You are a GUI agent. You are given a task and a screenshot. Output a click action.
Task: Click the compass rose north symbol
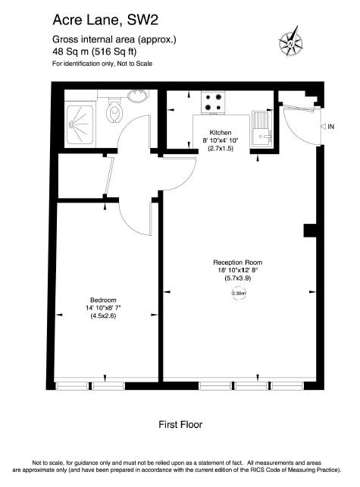pos(291,41)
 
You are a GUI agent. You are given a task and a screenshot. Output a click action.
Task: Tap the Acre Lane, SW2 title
pos(105,20)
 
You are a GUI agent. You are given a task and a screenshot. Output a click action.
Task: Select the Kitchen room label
pos(220,132)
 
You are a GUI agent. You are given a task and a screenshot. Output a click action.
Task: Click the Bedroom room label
pos(103,300)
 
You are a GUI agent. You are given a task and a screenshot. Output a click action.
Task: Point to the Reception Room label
pos(237,262)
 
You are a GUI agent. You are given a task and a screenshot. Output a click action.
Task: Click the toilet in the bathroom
pos(114,110)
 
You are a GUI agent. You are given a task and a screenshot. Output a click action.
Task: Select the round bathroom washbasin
pos(138,96)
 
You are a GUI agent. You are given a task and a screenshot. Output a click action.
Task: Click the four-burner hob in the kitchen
pos(213,103)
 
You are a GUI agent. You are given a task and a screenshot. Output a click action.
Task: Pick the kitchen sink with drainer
pos(262,129)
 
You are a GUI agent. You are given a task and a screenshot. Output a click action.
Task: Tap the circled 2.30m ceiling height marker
pos(239,294)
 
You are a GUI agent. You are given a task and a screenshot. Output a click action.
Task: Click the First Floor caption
pos(180,424)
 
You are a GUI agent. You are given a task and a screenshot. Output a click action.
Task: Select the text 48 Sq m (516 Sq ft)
pos(95,52)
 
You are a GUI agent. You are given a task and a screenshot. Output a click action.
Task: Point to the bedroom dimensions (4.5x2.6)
pos(103,316)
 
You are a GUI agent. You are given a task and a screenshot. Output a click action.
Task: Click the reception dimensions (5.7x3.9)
pos(237,278)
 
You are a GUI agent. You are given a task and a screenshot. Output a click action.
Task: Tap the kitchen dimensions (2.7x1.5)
pos(221,149)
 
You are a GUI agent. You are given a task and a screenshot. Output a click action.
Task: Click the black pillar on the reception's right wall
pos(310,231)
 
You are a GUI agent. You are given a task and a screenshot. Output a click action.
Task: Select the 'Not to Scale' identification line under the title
pos(102,64)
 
